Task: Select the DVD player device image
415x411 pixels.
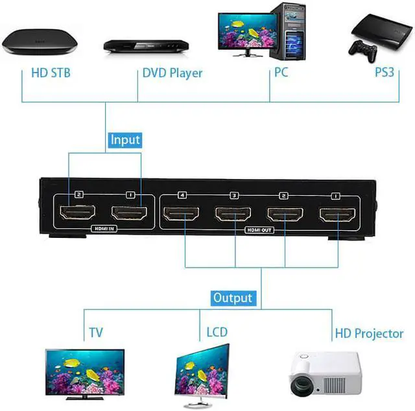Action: (x=145, y=46)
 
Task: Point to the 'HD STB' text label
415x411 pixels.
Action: (x=51, y=73)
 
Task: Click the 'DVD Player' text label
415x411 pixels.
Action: (x=172, y=73)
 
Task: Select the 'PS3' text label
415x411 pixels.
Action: (x=385, y=73)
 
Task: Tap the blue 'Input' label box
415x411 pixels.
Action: (x=125, y=139)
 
